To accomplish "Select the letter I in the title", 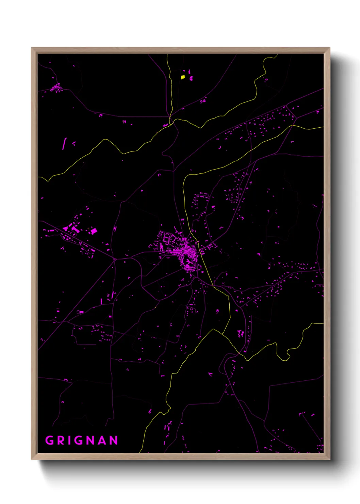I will pos(69,441).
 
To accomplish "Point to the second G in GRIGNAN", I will pos(79,441).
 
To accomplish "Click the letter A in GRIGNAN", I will pos(102,441).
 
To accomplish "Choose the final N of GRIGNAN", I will pos(114,441).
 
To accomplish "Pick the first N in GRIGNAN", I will pos(91,441).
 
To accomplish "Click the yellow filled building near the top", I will pos(183,77).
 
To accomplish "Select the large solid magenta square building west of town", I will pos(94,231).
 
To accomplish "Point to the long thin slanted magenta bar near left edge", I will pos(64,143).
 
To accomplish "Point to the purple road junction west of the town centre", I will pos(115,259).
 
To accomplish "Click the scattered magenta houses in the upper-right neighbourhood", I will pos(265,123).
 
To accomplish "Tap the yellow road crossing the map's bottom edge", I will pos(140,452).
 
